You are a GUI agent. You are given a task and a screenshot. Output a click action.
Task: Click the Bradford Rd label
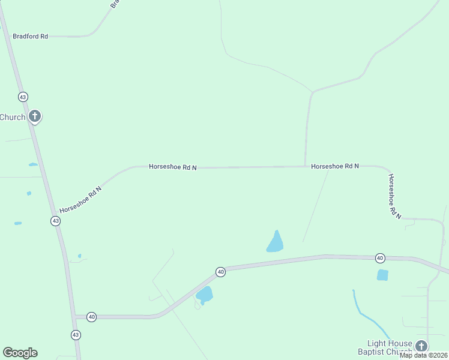(x=30, y=37)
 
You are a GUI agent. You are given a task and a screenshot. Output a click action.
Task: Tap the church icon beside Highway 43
(x=35, y=116)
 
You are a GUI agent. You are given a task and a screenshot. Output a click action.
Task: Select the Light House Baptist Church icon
(x=421, y=346)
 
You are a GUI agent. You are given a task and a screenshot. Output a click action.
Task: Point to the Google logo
(x=20, y=353)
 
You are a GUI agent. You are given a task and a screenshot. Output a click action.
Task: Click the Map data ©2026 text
(x=424, y=355)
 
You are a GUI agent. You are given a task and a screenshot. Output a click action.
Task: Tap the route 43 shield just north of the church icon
(x=23, y=97)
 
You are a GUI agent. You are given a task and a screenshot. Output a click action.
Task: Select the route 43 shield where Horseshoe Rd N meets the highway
(x=55, y=221)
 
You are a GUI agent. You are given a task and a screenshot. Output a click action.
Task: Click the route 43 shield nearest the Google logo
(x=75, y=334)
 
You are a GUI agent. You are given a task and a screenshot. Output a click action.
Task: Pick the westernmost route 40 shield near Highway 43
(x=91, y=316)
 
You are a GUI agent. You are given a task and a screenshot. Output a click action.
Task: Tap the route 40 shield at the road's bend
(x=221, y=272)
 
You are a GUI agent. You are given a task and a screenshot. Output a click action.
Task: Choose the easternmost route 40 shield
(x=380, y=258)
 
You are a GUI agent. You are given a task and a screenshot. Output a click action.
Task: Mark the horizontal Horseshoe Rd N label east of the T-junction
(x=334, y=166)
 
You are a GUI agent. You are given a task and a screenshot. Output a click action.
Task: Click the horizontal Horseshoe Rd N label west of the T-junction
(x=173, y=167)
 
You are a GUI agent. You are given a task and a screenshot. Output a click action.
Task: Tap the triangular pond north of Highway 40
(x=275, y=242)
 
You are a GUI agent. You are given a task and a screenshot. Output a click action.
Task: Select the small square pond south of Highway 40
(x=382, y=275)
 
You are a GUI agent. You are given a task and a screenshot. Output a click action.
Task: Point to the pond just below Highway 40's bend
(x=204, y=295)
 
